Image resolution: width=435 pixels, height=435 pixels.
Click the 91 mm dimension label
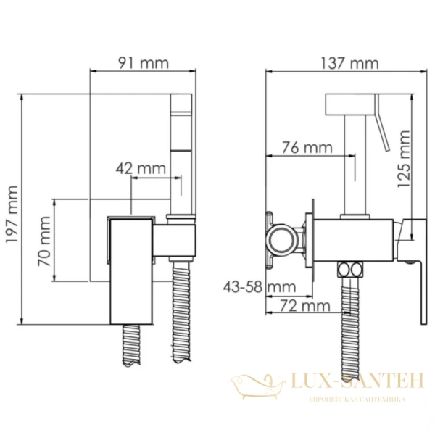pos(143,62)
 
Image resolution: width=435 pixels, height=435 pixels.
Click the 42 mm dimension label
pos(141,168)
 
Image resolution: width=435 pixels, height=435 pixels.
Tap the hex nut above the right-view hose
pos(352,270)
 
